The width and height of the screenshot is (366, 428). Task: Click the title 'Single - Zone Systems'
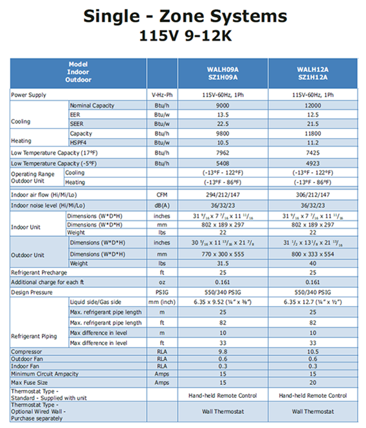tap(183, 17)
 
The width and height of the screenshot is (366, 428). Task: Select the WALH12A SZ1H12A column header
tap(313, 72)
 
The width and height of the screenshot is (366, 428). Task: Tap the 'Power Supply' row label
tap(29, 95)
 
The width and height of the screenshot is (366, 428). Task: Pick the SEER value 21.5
tap(313, 124)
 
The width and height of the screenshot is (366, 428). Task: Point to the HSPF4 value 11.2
tap(313, 143)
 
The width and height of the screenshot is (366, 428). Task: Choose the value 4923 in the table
tap(313, 163)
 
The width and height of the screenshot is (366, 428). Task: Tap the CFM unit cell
tap(161, 193)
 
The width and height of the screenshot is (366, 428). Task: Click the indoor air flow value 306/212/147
tap(313, 193)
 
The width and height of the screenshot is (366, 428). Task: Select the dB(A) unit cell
tap(161, 204)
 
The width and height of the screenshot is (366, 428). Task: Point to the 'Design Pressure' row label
tap(32, 292)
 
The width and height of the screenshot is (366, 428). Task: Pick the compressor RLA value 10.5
tap(313, 352)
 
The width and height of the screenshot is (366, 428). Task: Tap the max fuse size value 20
tap(313, 382)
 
